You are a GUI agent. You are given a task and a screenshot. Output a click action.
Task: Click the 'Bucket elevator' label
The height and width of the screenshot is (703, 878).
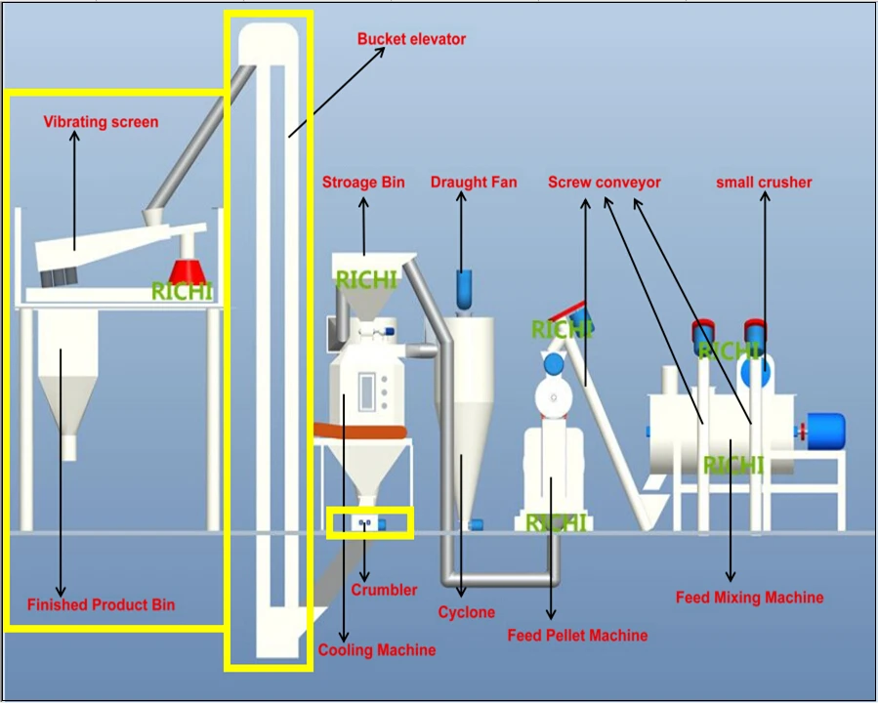pos(411,39)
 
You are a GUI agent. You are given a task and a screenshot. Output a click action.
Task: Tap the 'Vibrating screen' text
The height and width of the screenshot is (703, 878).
pos(101,122)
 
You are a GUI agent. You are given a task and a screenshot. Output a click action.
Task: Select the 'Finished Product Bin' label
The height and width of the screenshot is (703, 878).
pos(101,604)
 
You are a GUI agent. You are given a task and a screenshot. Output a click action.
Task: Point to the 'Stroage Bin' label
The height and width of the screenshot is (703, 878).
pos(363,183)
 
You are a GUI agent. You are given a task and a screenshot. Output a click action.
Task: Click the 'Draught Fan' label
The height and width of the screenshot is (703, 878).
pos(474,183)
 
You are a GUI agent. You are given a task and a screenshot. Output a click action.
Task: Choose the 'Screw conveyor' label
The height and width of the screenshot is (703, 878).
pos(605,183)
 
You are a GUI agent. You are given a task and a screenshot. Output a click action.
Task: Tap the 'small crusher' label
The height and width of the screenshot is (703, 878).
pos(764,183)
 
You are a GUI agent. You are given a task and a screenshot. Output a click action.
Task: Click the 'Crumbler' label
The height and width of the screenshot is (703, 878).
pos(384,590)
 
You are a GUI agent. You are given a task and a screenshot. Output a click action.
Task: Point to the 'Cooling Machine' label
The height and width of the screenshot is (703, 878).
pos(377,649)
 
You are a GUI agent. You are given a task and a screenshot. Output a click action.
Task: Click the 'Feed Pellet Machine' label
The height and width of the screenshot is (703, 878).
pos(577,636)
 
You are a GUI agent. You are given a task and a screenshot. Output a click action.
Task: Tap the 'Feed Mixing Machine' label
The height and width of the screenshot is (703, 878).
pos(749,597)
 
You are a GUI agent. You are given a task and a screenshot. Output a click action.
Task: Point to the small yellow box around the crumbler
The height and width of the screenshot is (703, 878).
pos(369,522)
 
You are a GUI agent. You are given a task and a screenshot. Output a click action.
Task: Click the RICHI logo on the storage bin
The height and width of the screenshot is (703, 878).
pos(366,280)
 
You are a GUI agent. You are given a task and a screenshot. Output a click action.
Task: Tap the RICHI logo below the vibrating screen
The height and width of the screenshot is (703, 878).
pos(182,291)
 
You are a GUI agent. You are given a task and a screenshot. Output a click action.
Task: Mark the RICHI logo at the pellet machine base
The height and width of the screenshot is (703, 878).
pos(556,523)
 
